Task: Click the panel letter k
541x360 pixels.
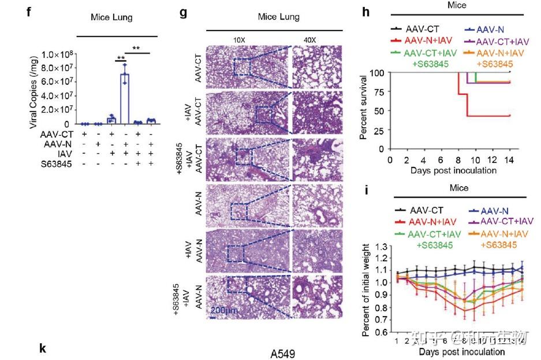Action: click(42, 348)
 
